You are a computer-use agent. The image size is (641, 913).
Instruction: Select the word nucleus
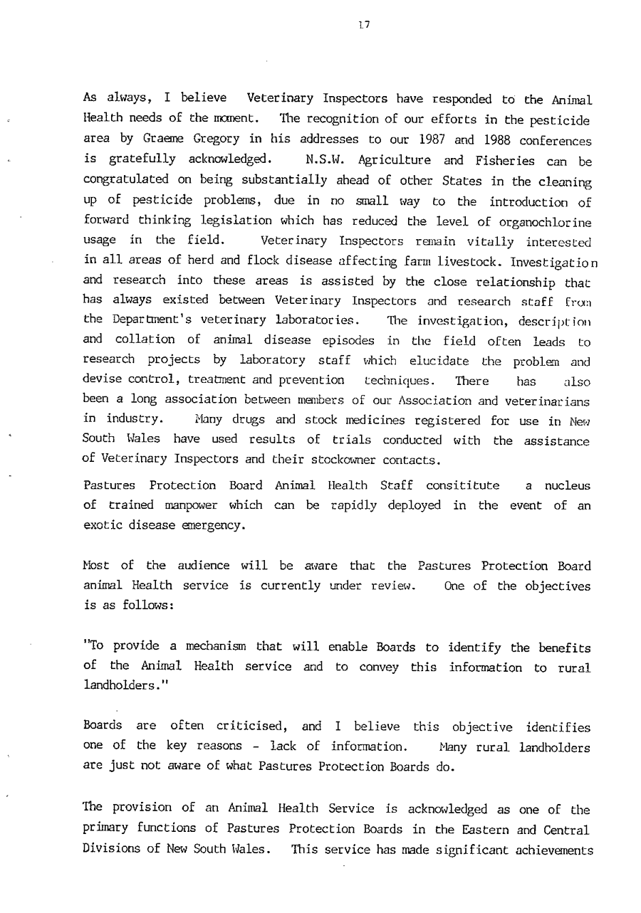coord(567,485)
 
